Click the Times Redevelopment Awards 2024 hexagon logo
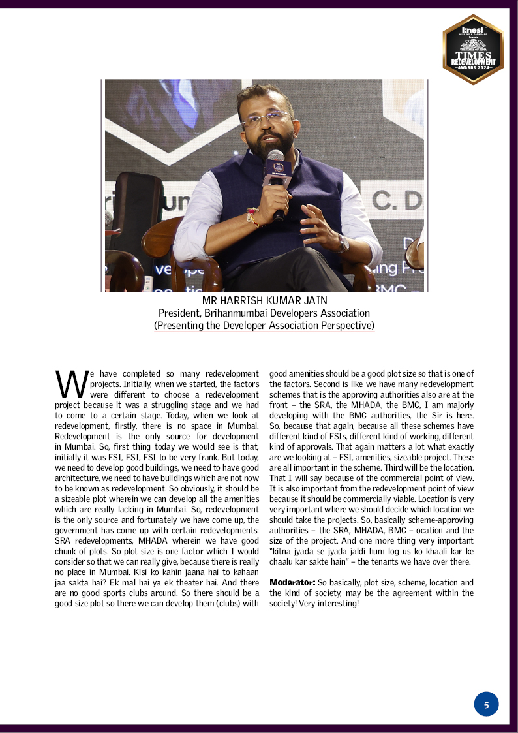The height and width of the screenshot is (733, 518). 473,50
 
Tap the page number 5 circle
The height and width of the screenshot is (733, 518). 486,704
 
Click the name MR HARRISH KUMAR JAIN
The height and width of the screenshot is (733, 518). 264,301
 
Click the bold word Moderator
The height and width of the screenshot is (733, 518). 292,582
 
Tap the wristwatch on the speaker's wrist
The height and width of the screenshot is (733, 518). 343,243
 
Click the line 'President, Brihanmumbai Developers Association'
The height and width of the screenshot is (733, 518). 264,313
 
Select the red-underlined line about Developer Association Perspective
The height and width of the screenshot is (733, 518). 264,325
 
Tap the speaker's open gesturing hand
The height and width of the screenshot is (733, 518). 318,225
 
